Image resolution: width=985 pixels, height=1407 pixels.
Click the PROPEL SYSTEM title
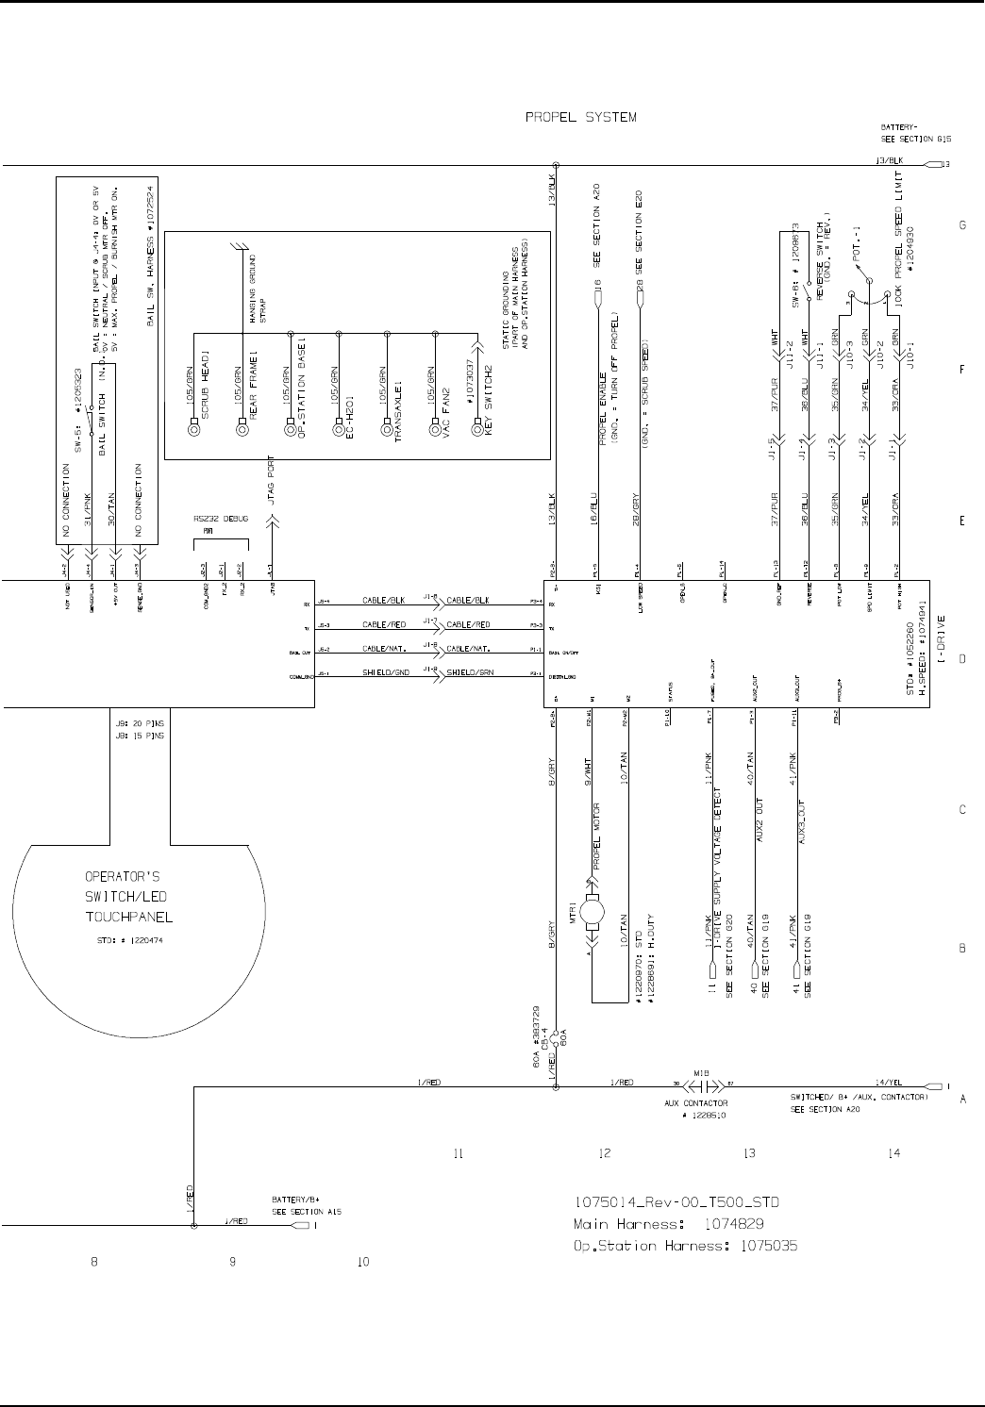tap(580, 118)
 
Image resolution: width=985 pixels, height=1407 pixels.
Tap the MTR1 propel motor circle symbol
tap(593, 911)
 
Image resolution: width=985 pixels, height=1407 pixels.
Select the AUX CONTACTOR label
tap(697, 1102)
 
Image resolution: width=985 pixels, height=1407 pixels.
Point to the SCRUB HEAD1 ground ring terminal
tap(194, 430)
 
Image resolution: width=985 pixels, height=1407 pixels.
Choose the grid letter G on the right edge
tap(962, 225)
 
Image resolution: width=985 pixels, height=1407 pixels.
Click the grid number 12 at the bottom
tap(605, 1152)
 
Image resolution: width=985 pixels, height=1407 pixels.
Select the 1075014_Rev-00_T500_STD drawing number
tap(677, 1202)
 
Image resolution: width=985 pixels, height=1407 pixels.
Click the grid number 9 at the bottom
tap(233, 1262)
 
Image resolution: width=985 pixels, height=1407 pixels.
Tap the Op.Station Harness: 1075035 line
tap(686, 1246)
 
